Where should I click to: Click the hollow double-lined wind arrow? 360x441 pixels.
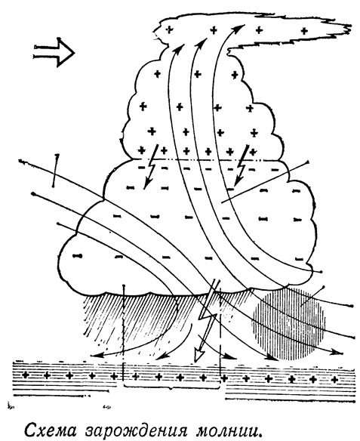[54, 52]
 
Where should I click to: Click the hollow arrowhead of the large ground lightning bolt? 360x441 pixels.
[199, 356]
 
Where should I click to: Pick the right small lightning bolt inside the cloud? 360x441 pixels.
[241, 165]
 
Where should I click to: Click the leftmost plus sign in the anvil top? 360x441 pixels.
[169, 29]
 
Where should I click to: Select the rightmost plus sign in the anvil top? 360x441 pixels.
[304, 30]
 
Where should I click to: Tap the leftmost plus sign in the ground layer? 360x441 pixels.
[26, 375]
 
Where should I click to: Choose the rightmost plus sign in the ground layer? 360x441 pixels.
[334, 380]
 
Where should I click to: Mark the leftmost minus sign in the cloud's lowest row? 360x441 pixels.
[78, 256]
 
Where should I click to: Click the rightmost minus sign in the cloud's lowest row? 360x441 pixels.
[300, 259]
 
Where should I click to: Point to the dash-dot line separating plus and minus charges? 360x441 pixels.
[208, 160]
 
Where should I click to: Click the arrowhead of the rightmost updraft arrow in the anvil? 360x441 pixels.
[241, 27]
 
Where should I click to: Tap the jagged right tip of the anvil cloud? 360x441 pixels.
[350, 28]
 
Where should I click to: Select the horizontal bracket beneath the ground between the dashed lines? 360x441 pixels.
[171, 387]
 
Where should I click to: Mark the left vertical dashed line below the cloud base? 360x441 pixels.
[124, 335]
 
